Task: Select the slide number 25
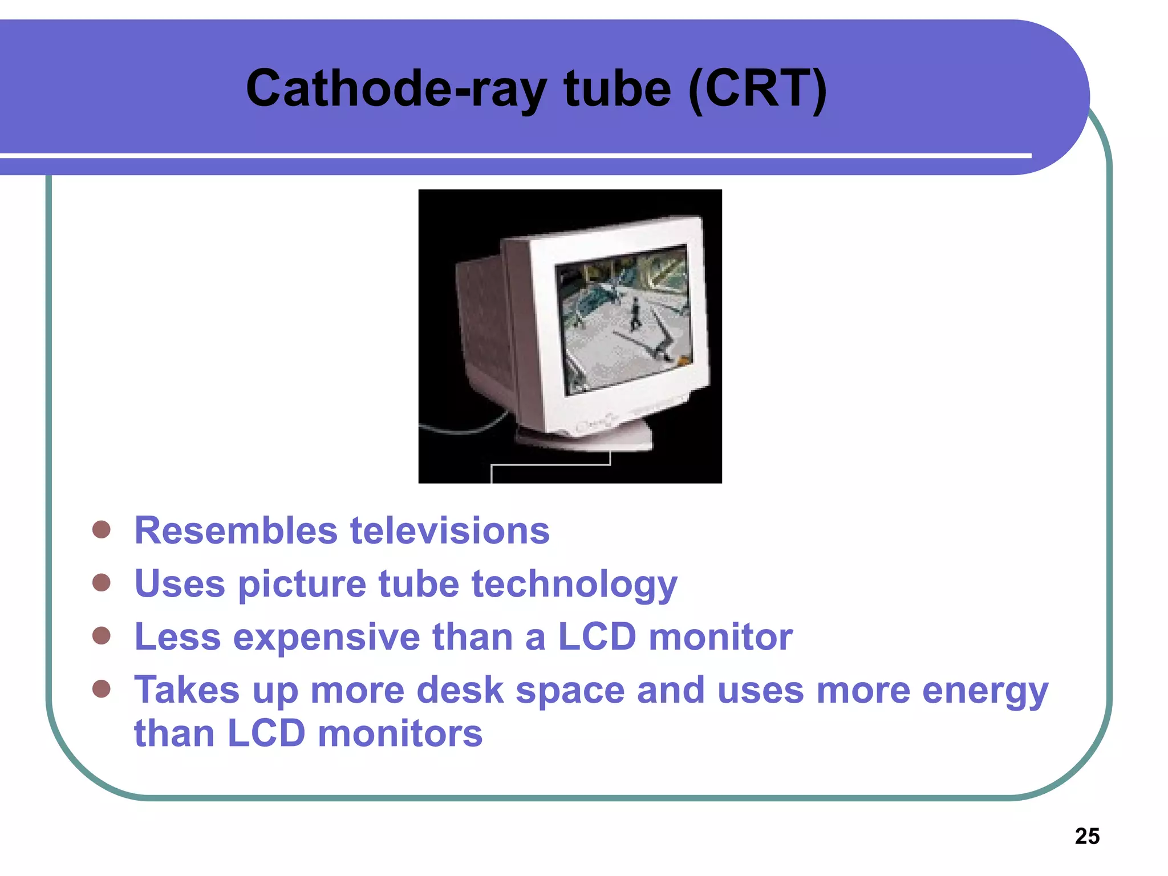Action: (x=1087, y=836)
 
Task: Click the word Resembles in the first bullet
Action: (x=236, y=530)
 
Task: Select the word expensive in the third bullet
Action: (x=326, y=637)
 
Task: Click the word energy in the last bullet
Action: (x=985, y=690)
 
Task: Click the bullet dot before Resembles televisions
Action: (x=102, y=529)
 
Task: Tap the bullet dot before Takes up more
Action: (x=102, y=688)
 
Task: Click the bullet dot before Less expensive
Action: (x=102, y=635)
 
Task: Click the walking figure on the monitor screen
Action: (x=635, y=314)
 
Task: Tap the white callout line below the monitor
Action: (x=550, y=465)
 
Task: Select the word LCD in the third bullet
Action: (x=597, y=637)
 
